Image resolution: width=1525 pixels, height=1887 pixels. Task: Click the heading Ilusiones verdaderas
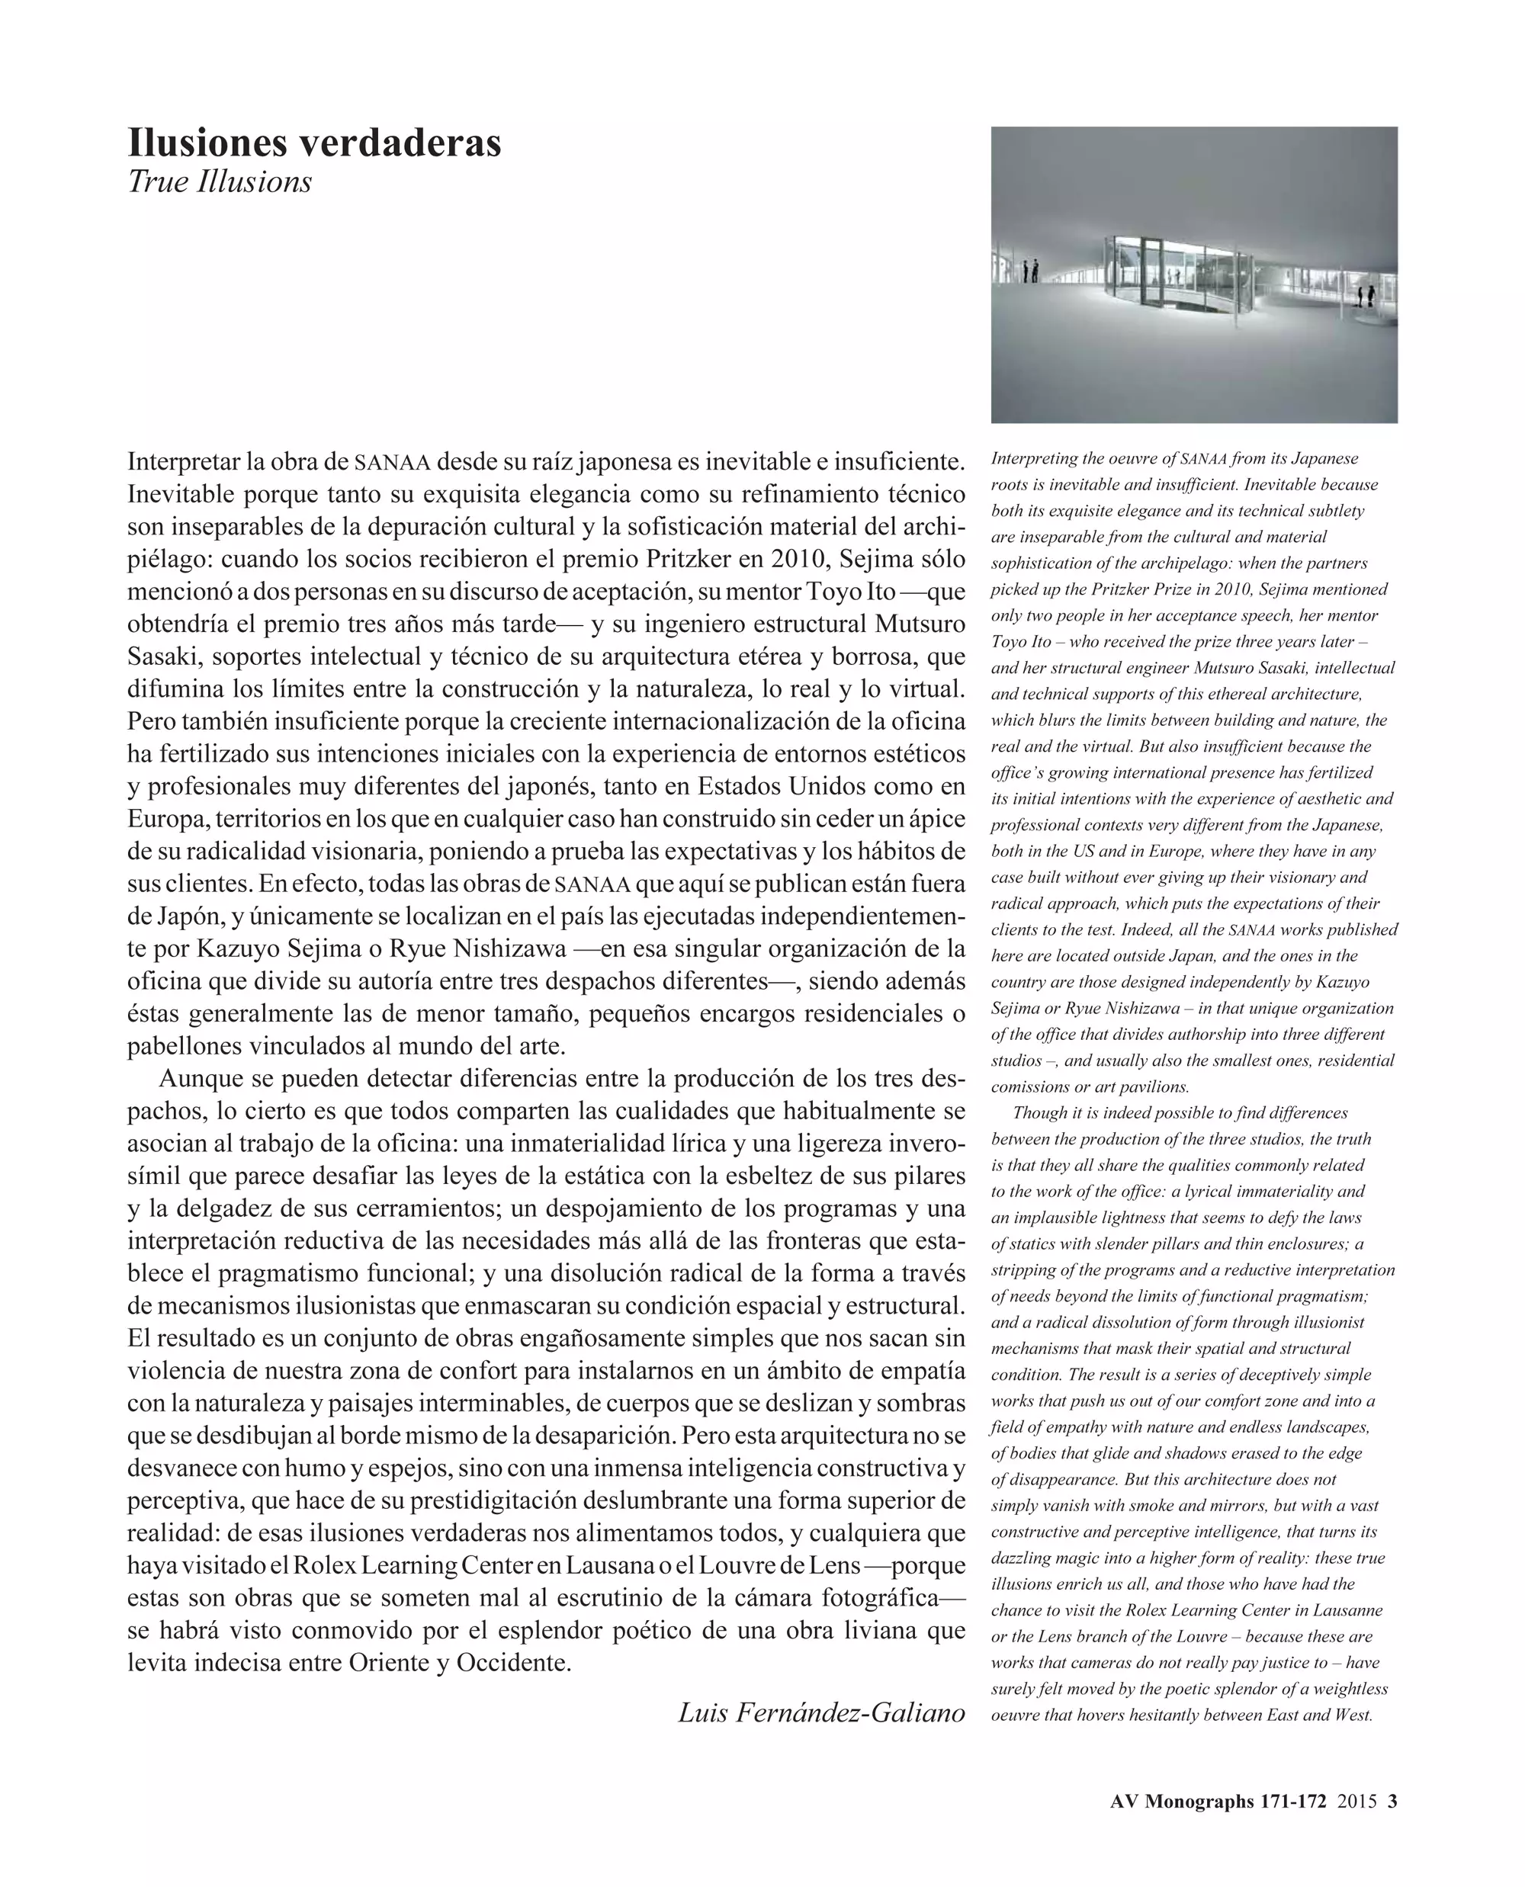(x=314, y=143)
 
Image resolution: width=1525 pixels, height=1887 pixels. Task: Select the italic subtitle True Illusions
(x=220, y=182)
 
